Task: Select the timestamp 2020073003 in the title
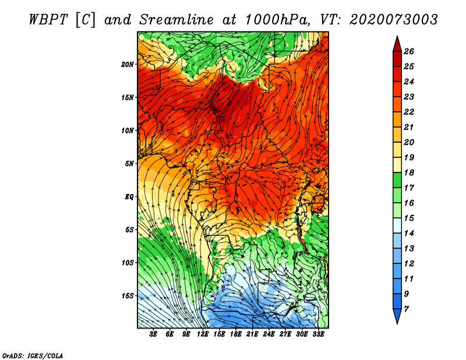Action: coord(394,19)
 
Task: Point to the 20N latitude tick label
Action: coord(128,64)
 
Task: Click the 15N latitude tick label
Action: coord(128,97)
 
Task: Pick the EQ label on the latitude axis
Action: coord(130,196)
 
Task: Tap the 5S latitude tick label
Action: coord(130,230)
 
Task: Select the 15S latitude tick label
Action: coord(128,296)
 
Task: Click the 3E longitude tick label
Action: coord(154,334)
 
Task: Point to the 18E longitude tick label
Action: coord(236,334)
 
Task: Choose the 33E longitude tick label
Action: coord(318,334)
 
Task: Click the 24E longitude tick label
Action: coord(269,334)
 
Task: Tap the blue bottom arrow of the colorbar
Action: coord(397,316)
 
